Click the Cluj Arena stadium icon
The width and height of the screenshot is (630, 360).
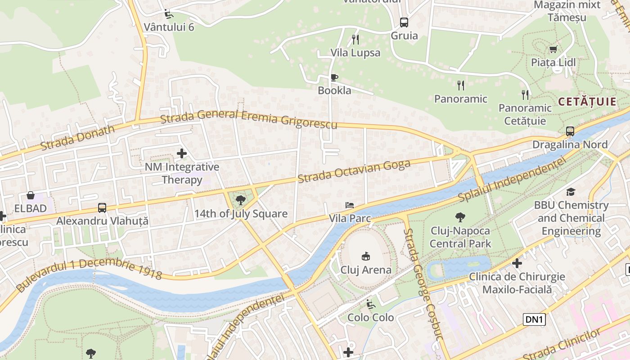(365, 256)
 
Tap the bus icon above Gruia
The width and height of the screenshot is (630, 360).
(404, 22)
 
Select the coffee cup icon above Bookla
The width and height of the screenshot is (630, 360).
(334, 77)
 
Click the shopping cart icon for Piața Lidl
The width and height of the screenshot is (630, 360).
(553, 49)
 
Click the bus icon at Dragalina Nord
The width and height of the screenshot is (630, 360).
(570, 131)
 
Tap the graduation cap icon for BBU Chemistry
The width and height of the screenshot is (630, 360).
(571, 192)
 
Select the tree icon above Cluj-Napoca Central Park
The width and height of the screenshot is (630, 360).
(460, 218)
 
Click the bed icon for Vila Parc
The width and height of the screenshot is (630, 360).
(350, 205)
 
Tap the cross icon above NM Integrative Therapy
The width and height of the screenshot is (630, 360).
(182, 153)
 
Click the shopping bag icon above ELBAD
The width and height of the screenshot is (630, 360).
(30, 195)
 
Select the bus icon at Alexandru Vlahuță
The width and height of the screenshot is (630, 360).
(102, 208)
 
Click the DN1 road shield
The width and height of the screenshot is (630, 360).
(535, 319)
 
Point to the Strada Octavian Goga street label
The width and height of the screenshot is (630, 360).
(354, 171)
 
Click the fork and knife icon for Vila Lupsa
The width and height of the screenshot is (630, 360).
(355, 40)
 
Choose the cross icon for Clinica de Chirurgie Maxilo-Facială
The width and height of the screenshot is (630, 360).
(517, 263)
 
